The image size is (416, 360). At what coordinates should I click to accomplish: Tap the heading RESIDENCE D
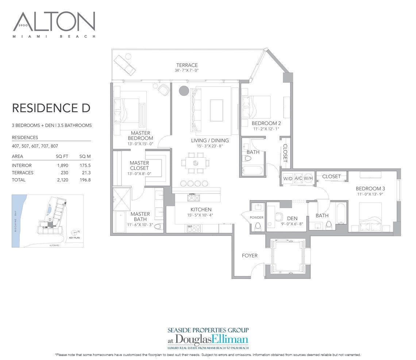pos(51,108)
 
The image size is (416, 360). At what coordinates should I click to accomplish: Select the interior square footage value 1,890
pos(61,165)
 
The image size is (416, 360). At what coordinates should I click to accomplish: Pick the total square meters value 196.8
pos(85,180)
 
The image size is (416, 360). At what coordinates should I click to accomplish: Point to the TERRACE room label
pos(186,65)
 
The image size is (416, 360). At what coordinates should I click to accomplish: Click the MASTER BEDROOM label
pos(140,136)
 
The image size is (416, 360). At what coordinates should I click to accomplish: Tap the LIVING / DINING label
pos(210,141)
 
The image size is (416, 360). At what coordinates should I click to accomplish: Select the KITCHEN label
pos(201,210)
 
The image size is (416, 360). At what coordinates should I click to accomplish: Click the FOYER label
pos(249,256)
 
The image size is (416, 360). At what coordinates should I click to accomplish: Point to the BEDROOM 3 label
pos(370,189)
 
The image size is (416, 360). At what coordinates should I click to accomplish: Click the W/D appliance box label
pos(288,178)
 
